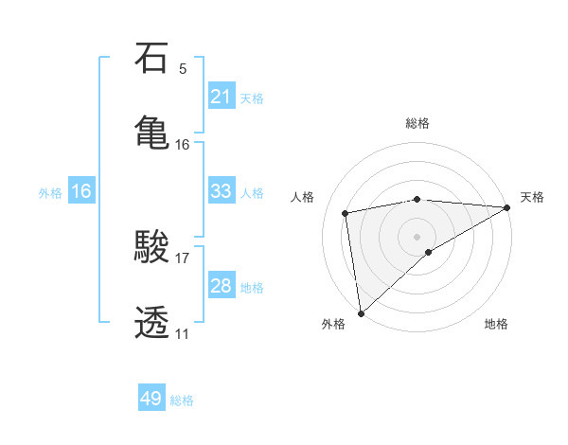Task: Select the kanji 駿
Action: pyautogui.click(x=152, y=248)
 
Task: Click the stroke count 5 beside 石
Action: pyautogui.click(x=183, y=68)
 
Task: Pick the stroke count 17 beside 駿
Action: pyautogui.click(x=183, y=258)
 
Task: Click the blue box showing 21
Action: pyautogui.click(x=222, y=97)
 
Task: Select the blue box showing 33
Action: pyautogui.click(x=222, y=191)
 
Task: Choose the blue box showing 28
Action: pyautogui.click(x=222, y=286)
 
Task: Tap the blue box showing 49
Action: pyautogui.click(x=151, y=399)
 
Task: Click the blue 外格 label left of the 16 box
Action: pyautogui.click(x=50, y=192)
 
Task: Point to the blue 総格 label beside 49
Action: pyautogui.click(x=182, y=400)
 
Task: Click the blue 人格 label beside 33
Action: pyautogui.click(x=252, y=192)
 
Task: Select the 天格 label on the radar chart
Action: pyautogui.click(x=532, y=197)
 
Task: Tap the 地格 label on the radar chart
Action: pyautogui.click(x=496, y=324)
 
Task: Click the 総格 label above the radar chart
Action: pyautogui.click(x=417, y=123)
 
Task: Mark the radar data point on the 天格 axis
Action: pyautogui.click(x=507, y=207)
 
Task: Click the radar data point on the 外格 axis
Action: pyautogui.click(x=361, y=312)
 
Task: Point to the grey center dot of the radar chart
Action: pyautogui.click(x=417, y=235)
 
